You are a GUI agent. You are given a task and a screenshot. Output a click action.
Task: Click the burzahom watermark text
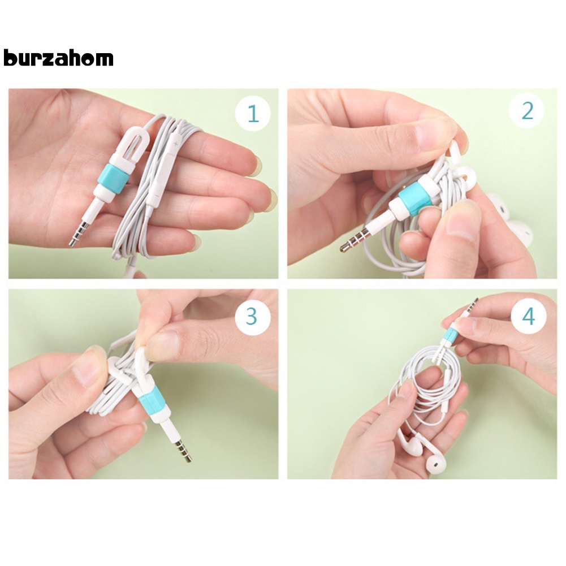58,58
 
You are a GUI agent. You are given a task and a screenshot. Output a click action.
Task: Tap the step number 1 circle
253,114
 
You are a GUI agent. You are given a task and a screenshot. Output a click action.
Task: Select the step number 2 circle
527,111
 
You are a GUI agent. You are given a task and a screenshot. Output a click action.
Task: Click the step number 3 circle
251,316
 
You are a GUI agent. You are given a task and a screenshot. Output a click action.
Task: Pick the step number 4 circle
528,316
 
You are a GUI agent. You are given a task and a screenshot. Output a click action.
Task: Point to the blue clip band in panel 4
450,337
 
